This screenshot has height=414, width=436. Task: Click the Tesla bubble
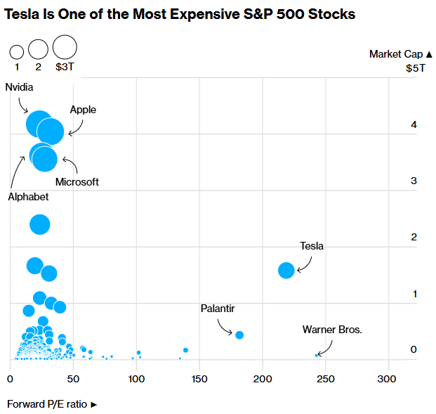(x=286, y=270)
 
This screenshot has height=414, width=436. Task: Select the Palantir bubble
(x=239, y=335)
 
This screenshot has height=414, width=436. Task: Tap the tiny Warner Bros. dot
(x=317, y=355)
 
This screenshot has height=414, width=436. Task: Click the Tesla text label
(x=312, y=246)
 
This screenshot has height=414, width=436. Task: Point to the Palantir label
(x=218, y=309)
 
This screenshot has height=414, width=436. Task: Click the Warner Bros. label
(x=332, y=329)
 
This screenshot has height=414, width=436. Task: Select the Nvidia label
(x=19, y=87)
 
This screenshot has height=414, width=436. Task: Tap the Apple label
(x=83, y=110)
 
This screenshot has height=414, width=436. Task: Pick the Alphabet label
(x=28, y=197)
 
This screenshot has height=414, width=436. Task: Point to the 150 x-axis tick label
(x=200, y=380)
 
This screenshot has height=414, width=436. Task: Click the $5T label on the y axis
(x=416, y=68)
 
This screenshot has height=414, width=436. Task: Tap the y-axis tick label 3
(x=414, y=181)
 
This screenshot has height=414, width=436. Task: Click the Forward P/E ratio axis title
(x=52, y=404)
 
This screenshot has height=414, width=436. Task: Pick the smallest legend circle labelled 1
(x=16, y=51)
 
